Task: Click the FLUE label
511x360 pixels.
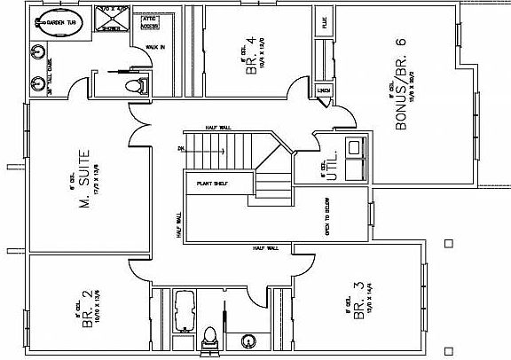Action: pos(326,24)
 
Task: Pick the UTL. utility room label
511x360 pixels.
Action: pos(332,169)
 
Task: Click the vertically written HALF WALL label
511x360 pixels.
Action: pos(179,226)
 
